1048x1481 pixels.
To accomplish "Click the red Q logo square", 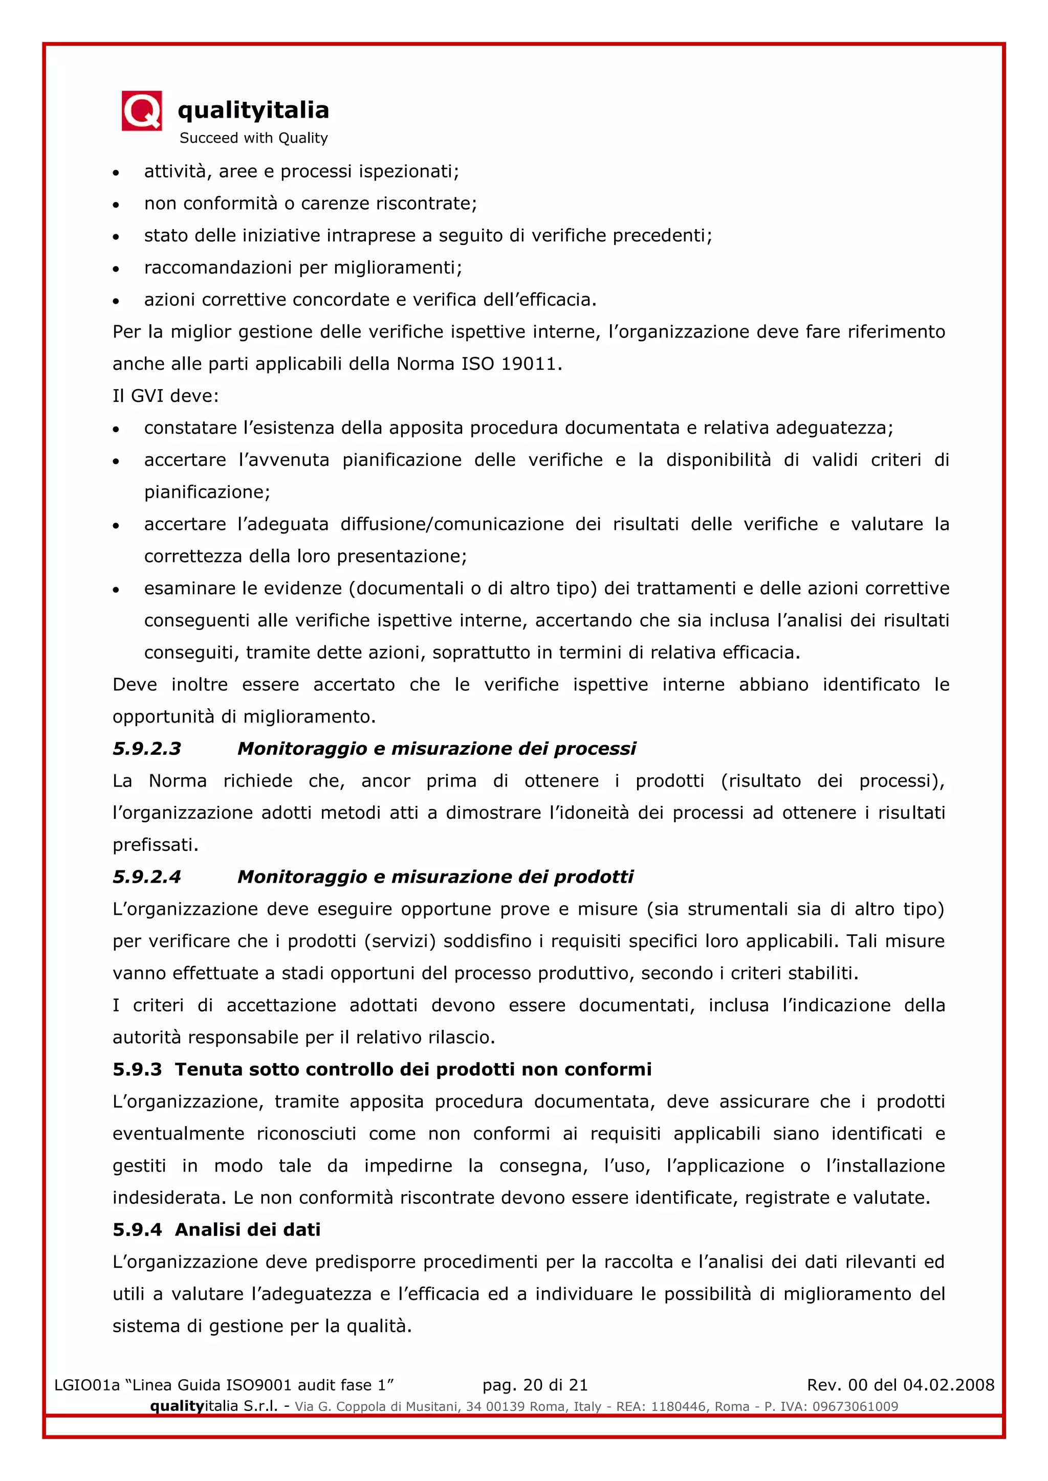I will coord(141,111).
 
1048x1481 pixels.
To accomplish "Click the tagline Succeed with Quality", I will coord(254,138).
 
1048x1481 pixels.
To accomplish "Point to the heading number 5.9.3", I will coord(137,1069).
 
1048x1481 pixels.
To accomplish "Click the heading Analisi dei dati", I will coord(248,1229).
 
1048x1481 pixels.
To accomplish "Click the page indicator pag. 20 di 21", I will coord(535,1385).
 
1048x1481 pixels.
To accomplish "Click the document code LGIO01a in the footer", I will coord(87,1385).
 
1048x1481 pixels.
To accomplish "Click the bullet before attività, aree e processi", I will coord(116,173).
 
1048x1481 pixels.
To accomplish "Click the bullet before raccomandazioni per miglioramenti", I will coord(116,269).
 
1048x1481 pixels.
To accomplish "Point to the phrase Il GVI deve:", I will coord(166,396).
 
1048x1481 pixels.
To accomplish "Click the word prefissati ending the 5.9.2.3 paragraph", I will coord(155,845).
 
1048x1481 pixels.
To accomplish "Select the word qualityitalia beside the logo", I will coord(253,110).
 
